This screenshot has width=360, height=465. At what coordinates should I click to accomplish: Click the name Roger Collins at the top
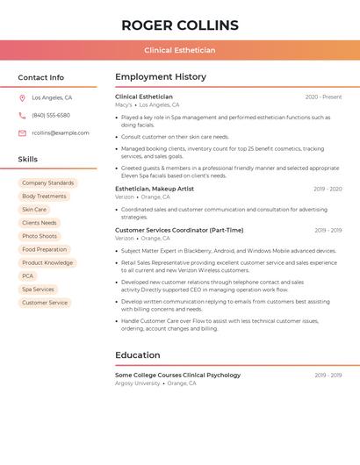click(x=179, y=25)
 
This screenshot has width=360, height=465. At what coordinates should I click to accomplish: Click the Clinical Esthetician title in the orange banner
click(x=179, y=50)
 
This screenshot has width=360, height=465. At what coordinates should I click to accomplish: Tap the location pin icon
click(x=22, y=97)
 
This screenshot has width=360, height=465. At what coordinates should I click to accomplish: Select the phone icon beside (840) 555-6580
click(x=22, y=115)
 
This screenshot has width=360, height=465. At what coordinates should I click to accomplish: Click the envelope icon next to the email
click(x=22, y=133)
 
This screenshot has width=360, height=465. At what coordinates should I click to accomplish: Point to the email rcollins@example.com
click(x=61, y=133)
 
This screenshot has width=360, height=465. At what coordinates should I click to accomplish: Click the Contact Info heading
click(x=40, y=77)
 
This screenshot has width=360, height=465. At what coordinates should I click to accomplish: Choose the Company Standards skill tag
click(x=48, y=183)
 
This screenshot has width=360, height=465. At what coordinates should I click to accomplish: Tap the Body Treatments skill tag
click(x=44, y=197)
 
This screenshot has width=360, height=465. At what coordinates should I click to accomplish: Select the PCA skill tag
click(x=28, y=276)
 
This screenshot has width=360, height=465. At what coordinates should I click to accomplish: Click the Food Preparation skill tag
click(x=45, y=250)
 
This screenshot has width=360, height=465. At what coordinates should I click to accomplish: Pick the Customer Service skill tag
click(x=45, y=303)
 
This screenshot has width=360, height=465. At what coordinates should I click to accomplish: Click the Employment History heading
click(x=161, y=77)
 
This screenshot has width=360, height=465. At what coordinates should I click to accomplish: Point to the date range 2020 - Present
click(x=323, y=97)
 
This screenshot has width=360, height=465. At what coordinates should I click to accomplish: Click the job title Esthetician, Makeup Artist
click(x=155, y=189)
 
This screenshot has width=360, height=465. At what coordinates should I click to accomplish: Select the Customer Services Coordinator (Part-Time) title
click(x=179, y=230)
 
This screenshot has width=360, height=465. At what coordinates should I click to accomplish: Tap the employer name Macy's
click(x=124, y=104)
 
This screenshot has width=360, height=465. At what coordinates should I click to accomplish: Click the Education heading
click(x=137, y=355)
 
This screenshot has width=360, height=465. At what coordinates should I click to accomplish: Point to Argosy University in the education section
click(x=138, y=383)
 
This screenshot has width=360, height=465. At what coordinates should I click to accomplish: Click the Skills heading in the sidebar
click(x=28, y=160)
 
